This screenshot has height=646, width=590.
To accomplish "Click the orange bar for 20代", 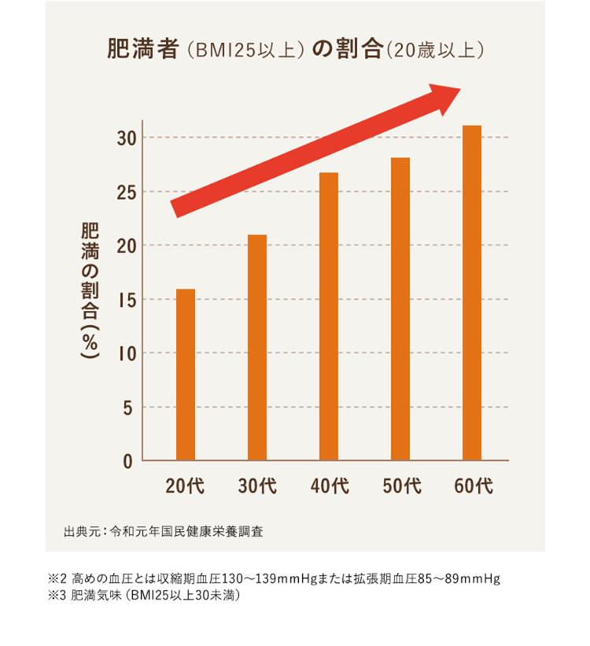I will point(186,375).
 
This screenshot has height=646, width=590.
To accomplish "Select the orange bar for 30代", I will point(257,347).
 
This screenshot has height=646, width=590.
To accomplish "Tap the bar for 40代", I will point(329,316).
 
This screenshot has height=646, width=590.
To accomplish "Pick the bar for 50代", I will point(400,308).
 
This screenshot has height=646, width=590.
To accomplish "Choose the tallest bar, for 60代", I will point(472,293).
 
